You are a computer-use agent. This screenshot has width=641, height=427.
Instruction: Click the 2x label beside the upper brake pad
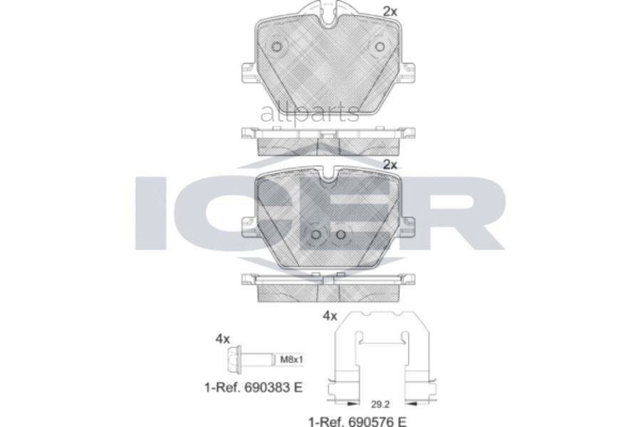pos(390,11)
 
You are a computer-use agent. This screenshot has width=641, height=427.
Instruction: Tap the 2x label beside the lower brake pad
pos(390,164)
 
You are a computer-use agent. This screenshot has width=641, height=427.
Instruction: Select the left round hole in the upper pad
pos(277,47)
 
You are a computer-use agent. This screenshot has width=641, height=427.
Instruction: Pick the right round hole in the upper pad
pos(380,47)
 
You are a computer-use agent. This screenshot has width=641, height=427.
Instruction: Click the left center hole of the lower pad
pos(316,235)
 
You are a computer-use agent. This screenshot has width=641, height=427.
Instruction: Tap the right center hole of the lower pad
pos(340,235)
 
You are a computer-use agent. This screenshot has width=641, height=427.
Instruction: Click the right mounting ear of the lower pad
pos(407,226)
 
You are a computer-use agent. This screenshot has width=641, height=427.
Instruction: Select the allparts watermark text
pos(310,112)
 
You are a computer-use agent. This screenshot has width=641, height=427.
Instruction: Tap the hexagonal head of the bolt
pos(232,359)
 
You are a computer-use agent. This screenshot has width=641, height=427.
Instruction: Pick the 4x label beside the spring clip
pos(329,315)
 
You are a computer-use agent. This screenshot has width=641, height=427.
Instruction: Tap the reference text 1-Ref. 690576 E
pos(357,421)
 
